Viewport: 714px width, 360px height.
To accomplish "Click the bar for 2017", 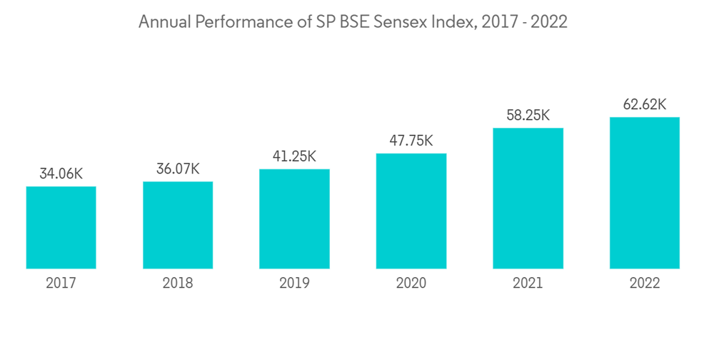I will pos(61,227).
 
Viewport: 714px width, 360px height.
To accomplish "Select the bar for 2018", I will pos(178,225).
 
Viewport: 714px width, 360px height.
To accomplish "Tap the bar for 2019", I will pos(294,219).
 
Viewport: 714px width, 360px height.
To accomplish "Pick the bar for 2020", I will pos(411,211).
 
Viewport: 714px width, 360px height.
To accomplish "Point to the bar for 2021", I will pos(528,198).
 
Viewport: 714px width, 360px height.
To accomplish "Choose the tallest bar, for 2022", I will pos(644,193).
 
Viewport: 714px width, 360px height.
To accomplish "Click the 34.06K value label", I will pos(61,174).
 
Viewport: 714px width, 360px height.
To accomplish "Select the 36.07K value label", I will pos(178,169).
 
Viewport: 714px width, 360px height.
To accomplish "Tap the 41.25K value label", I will pos(294,156).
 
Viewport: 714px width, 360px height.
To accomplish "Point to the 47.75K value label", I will pos(411,141).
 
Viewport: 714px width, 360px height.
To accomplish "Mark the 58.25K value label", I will pos(528,115).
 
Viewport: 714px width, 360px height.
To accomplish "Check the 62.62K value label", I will pos(644,104).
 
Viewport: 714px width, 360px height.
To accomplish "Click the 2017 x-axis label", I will pos(61,283).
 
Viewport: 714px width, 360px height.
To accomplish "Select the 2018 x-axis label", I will pos(178,283).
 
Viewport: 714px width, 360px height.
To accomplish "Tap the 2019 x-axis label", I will pos(294,283).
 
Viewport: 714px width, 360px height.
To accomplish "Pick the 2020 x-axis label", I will pos(411,283).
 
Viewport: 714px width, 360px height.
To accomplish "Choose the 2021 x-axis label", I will pos(528,283).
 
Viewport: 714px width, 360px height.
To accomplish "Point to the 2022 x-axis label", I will pos(644,283).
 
